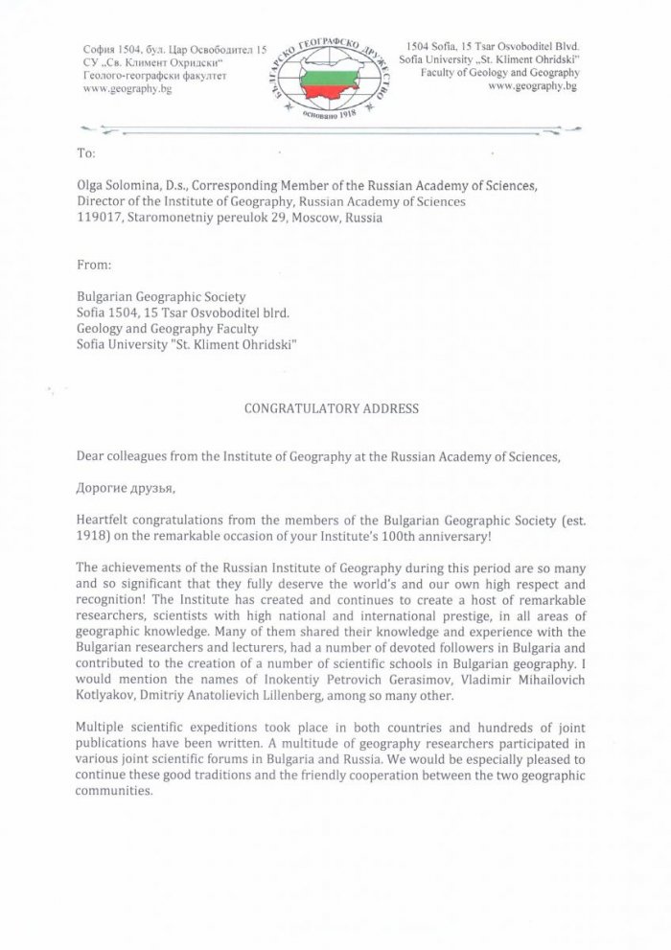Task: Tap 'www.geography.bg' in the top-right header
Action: coord(532,86)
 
